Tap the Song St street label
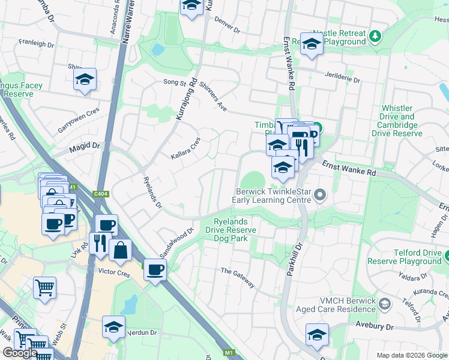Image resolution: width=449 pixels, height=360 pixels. tap(175, 83)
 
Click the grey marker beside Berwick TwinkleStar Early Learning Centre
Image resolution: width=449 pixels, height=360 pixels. tap(320, 194)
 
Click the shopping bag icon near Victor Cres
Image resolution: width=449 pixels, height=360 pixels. tap(121, 251)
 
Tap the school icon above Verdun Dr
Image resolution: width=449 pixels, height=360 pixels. tap(112, 327)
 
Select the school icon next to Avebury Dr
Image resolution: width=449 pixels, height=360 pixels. tap(317, 335)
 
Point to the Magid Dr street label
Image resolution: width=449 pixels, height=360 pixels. tap(84, 146)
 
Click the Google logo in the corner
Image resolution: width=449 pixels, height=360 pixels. tap(20, 353)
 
